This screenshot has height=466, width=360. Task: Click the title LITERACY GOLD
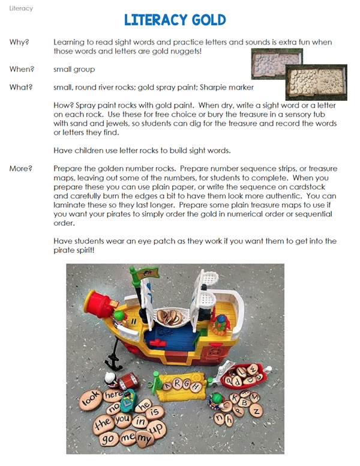click(175, 20)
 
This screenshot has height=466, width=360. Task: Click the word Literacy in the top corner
click(22, 8)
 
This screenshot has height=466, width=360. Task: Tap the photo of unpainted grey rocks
click(276, 61)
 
